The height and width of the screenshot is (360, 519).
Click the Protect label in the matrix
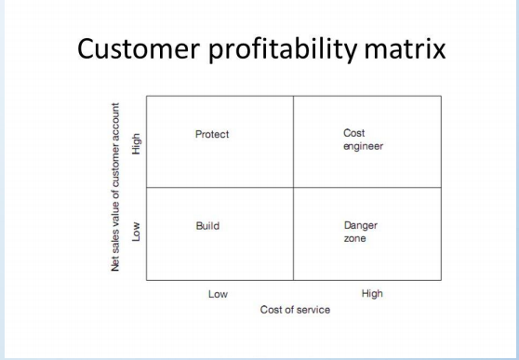212,134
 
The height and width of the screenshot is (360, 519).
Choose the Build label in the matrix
206,226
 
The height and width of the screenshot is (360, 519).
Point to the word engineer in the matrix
364,146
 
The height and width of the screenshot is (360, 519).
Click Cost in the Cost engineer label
353,133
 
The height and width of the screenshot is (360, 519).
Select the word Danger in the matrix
361,225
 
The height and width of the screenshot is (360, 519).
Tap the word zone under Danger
354,239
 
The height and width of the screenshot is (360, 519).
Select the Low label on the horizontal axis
218,294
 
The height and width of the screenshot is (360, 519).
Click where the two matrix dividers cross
294,187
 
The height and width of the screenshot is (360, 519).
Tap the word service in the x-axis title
313,309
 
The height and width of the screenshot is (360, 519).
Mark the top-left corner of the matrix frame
147,95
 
